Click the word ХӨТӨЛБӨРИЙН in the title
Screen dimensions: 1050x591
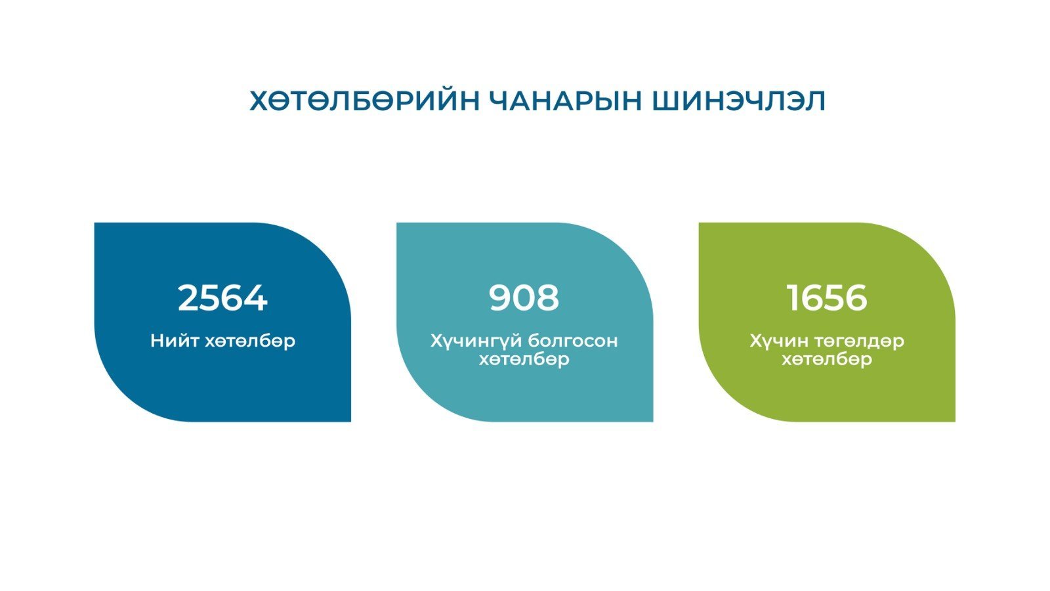(365, 101)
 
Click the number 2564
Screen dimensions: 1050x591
(222, 298)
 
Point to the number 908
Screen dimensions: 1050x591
(524, 298)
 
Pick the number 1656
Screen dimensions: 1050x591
(827, 298)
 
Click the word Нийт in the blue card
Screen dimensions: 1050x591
(175, 341)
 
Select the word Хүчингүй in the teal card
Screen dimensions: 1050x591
(475, 341)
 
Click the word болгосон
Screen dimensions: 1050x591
(573, 341)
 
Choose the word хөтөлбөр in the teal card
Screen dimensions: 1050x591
(524, 360)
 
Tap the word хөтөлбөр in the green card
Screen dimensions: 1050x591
(827, 360)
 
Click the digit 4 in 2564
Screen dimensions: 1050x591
(257, 298)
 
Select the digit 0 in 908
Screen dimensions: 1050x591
(524, 298)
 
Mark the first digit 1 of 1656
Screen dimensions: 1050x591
(793, 298)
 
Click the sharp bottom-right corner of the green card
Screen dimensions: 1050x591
(955, 421)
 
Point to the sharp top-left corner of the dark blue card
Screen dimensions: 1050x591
(94, 223)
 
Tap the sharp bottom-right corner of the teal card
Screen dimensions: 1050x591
(652, 421)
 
